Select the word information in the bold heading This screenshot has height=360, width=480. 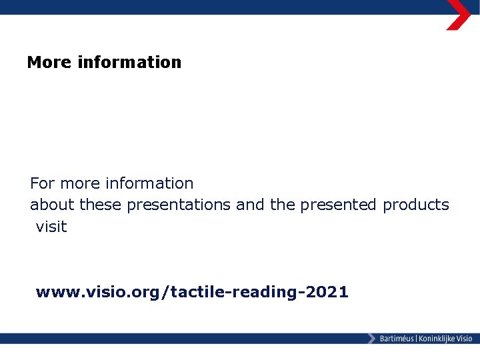click(x=129, y=63)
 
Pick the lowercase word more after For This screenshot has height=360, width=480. click(x=81, y=183)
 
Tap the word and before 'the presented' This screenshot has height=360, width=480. click(x=251, y=205)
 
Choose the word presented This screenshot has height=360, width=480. click(x=339, y=205)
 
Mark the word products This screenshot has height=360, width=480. click(x=416, y=205)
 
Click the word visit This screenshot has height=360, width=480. click(x=51, y=227)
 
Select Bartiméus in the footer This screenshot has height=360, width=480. click(x=397, y=339)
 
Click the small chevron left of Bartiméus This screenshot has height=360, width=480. click(x=371, y=339)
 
